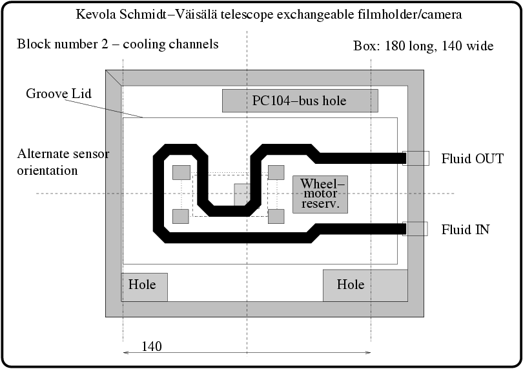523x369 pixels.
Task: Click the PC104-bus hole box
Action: [300, 101]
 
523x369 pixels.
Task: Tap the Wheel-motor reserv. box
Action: [320, 194]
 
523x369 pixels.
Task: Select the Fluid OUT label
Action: [472, 159]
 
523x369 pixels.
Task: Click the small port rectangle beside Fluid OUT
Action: [416, 158]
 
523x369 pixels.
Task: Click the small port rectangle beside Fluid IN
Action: [415, 228]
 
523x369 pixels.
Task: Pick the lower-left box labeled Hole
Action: [144, 286]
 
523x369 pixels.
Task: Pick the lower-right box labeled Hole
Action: [365, 285]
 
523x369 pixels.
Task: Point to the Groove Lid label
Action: [58, 94]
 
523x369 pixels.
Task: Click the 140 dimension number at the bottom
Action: [151, 346]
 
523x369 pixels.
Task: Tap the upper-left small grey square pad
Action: [181, 173]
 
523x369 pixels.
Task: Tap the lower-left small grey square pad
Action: [181, 216]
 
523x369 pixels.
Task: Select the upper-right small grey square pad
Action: [276, 172]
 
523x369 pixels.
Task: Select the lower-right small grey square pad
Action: [276, 216]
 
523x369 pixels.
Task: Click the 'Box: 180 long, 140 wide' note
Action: [423, 46]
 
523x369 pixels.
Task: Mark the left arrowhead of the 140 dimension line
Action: [125, 352]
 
